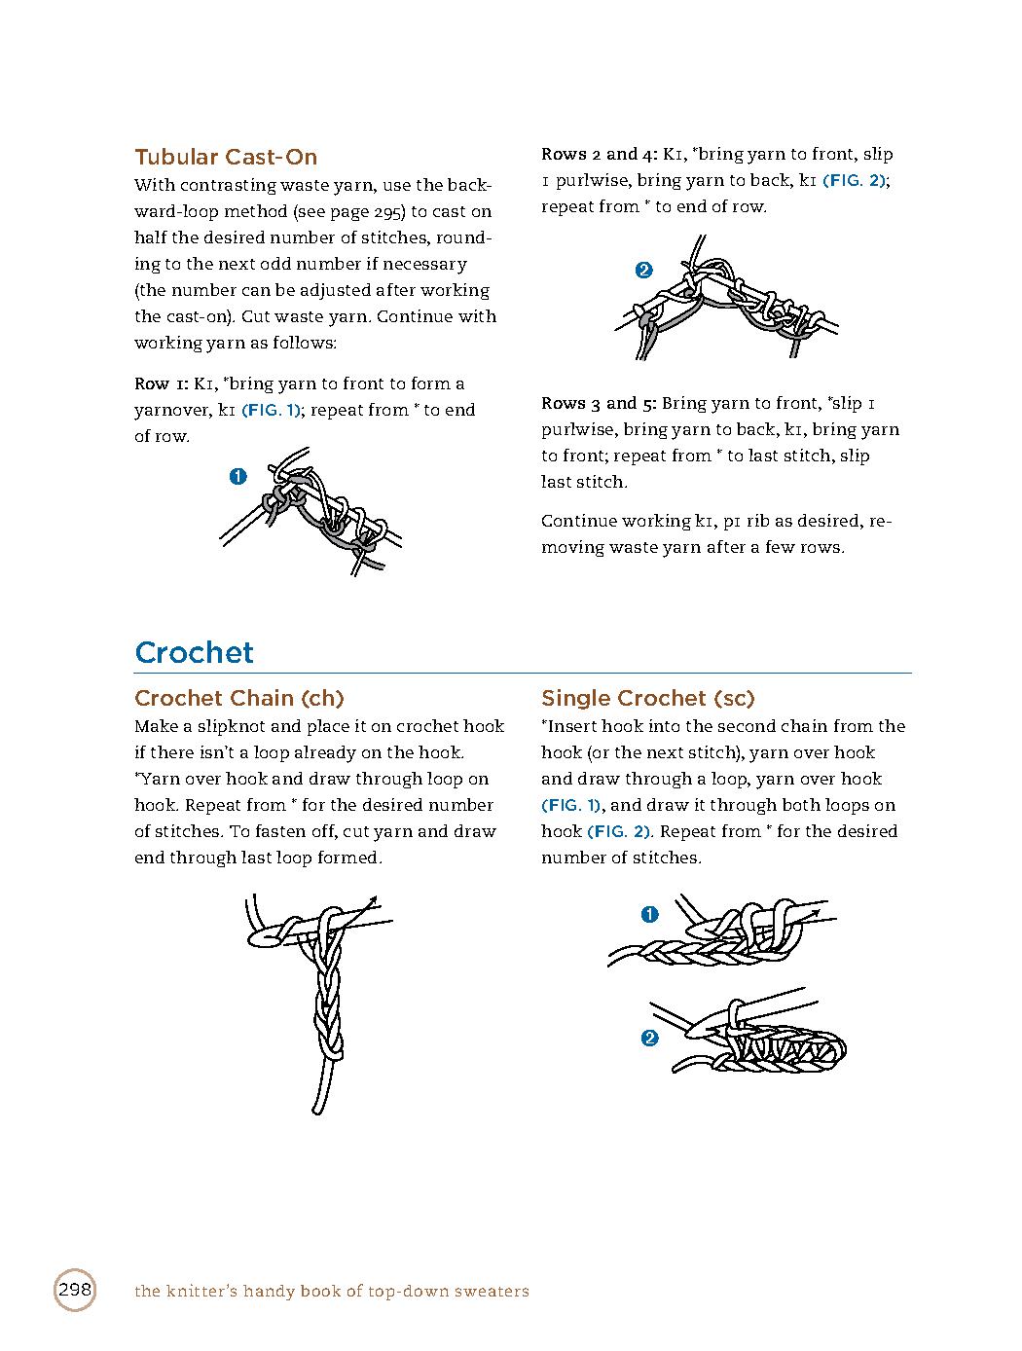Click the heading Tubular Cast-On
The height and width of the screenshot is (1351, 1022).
[x=226, y=157]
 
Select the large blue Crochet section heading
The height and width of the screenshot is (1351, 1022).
[x=194, y=652]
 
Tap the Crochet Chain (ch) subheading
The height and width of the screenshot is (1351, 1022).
[x=238, y=698]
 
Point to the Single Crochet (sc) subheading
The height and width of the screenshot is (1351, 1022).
[x=647, y=698]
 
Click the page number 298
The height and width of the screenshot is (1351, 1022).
[x=75, y=1291]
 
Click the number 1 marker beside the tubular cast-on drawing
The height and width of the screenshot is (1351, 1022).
[x=237, y=476]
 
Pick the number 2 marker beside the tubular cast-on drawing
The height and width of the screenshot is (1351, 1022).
[x=643, y=271]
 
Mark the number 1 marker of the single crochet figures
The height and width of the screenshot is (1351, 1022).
[x=650, y=914]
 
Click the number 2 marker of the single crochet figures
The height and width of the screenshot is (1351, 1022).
[x=650, y=1039]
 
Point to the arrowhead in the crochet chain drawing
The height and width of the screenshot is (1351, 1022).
[x=373, y=901]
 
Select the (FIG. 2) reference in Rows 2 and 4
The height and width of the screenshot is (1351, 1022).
[x=855, y=180]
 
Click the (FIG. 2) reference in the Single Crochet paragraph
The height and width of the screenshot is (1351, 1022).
[x=619, y=831]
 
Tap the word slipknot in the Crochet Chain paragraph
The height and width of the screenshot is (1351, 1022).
[x=232, y=726]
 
